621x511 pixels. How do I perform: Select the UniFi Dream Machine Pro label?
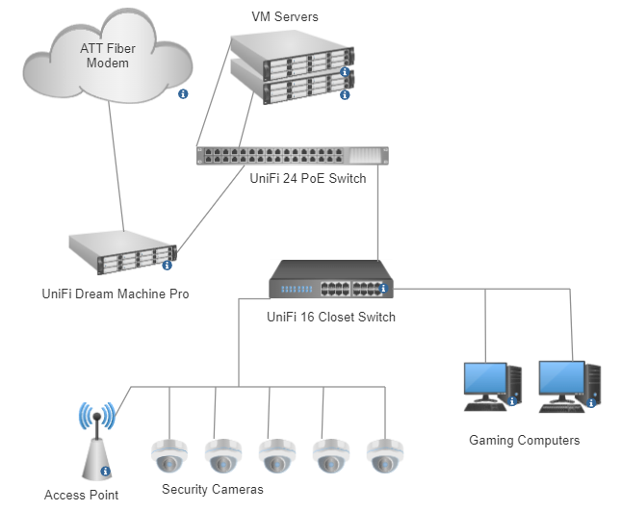(115, 294)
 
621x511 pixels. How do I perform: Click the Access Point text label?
(82, 495)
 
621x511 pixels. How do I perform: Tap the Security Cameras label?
(213, 489)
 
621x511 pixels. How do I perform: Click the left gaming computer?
(491, 385)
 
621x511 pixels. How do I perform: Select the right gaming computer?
(569, 385)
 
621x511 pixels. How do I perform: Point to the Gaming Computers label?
(525, 440)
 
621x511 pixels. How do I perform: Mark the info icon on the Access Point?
(105, 471)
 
